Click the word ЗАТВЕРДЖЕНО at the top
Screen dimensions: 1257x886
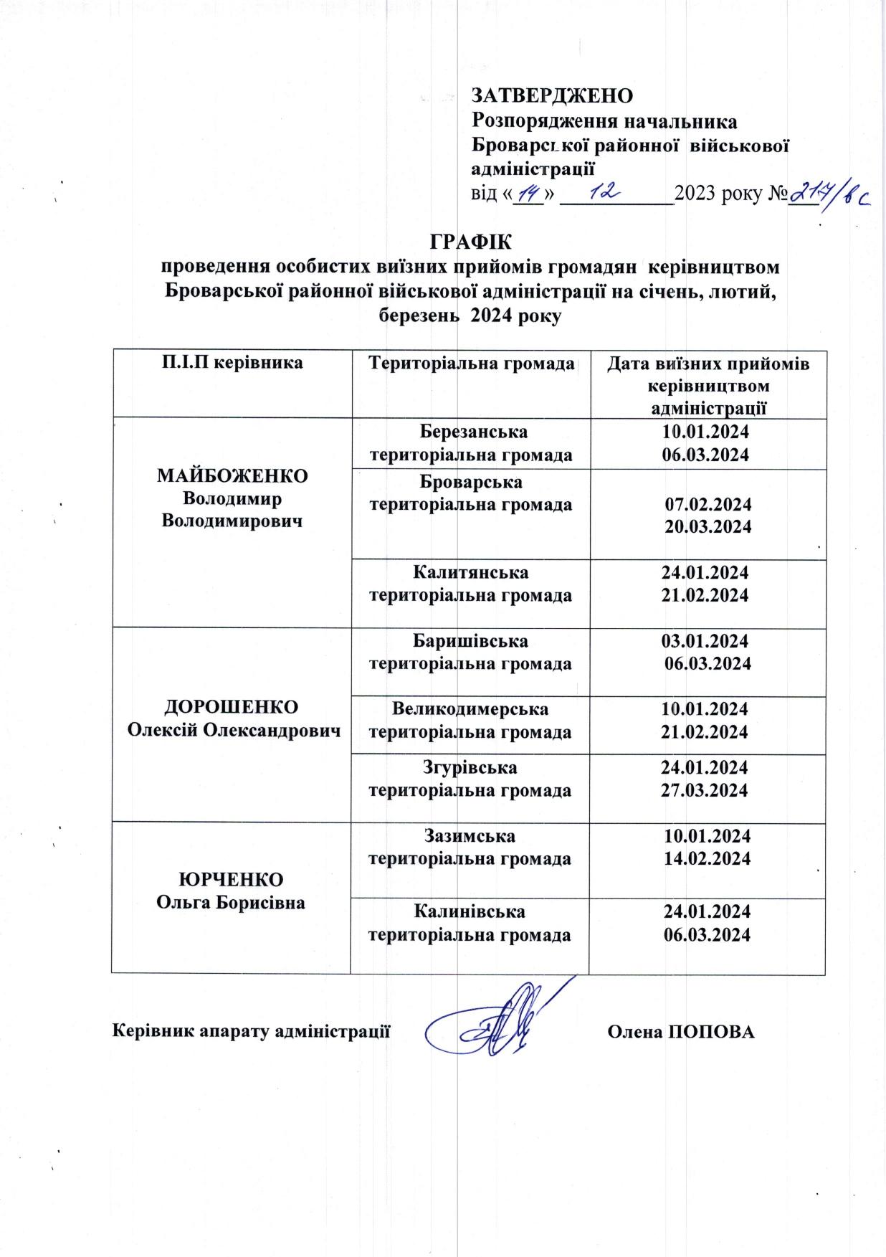pos(552,95)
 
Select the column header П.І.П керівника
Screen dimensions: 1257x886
pos(231,363)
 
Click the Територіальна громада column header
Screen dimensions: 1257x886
pos(470,363)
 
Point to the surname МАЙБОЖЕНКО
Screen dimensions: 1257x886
pos(232,476)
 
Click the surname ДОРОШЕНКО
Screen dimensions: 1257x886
pos(232,706)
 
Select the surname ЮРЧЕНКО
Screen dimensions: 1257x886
pos(231,879)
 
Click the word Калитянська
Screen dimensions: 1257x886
pos(470,572)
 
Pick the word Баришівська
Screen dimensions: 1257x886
pos(471,640)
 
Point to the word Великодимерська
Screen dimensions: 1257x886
pos(470,709)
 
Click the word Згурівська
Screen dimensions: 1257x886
pos(470,767)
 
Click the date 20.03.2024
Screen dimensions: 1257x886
pos(708,526)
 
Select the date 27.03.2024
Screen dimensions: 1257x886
pos(705,790)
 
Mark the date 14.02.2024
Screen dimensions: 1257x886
pos(708,858)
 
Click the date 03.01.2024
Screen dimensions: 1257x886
pos(705,640)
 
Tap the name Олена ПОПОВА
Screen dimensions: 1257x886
pos(681,1032)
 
